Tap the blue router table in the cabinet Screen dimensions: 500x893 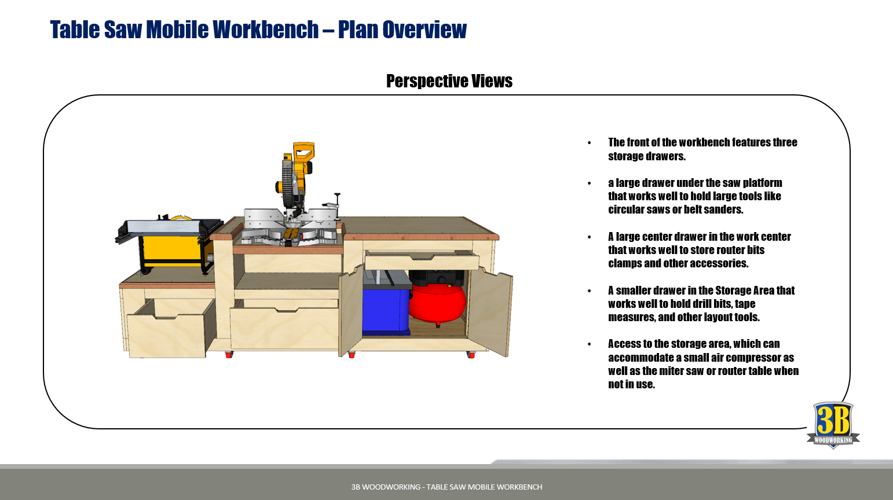click(385, 310)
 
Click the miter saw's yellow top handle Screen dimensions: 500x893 click(304, 152)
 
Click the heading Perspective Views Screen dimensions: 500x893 click(449, 81)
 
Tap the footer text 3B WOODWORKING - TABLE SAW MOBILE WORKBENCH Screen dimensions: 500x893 click(447, 487)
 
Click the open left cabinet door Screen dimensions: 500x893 click(350, 312)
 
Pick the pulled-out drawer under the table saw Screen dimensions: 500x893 click(167, 336)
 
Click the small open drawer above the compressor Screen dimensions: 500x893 click(421, 261)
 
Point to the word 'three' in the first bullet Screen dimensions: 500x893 click(785, 142)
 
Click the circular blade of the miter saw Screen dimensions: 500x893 click(287, 184)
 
